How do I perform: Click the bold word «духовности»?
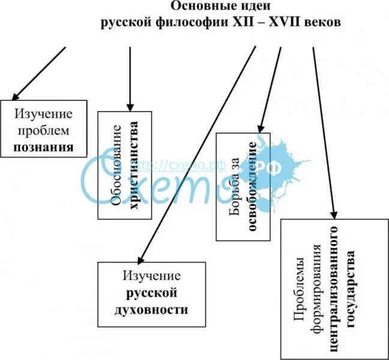[x=152, y=310]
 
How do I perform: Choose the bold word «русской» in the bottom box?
[x=151, y=293]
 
